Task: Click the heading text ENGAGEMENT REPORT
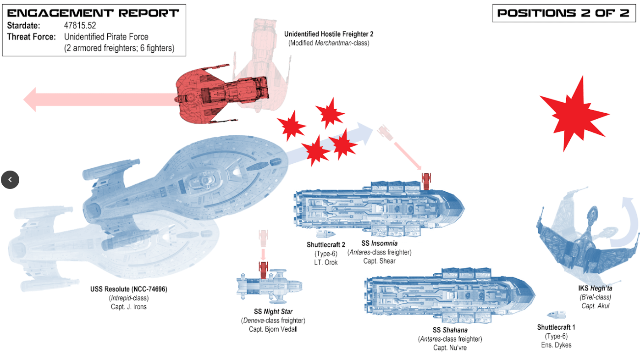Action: (x=93, y=13)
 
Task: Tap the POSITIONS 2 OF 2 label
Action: (x=563, y=13)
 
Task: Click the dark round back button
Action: (x=10, y=180)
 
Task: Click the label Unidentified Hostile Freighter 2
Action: (x=329, y=34)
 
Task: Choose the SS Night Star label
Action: (x=273, y=312)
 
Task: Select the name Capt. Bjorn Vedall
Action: (x=273, y=329)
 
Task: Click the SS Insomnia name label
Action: (x=379, y=243)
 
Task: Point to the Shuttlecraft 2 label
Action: (x=326, y=245)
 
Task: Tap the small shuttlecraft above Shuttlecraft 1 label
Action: (x=557, y=315)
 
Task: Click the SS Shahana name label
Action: (x=450, y=330)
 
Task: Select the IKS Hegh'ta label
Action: (x=595, y=288)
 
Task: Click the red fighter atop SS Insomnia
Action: (x=427, y=181)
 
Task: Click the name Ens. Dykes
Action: (x=556, y=345)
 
